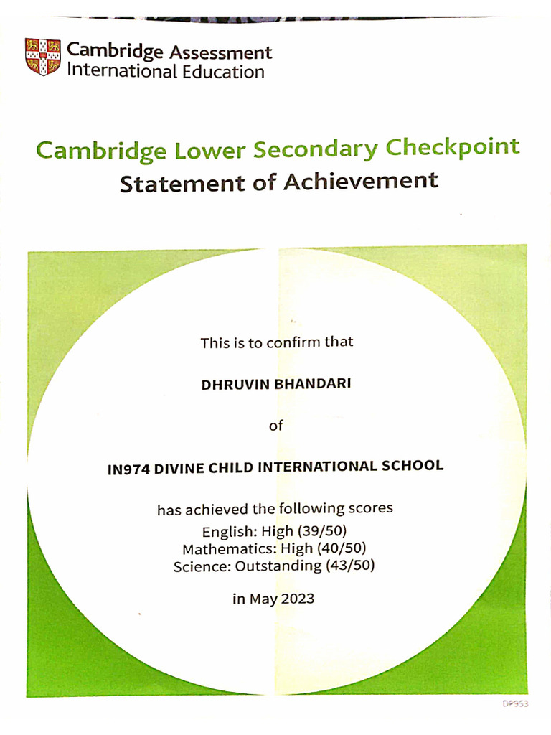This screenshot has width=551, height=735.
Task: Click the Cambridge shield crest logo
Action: [43, 57]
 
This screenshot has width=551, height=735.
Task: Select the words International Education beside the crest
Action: [166, 72]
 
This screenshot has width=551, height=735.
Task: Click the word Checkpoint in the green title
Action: [453, 148]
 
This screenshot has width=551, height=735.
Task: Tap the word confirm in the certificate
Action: [293, 342]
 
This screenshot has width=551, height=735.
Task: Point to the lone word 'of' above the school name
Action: [275, 426]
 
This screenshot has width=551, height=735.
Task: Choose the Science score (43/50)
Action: [350, 566]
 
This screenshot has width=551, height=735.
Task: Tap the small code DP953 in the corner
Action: [514, 704]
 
